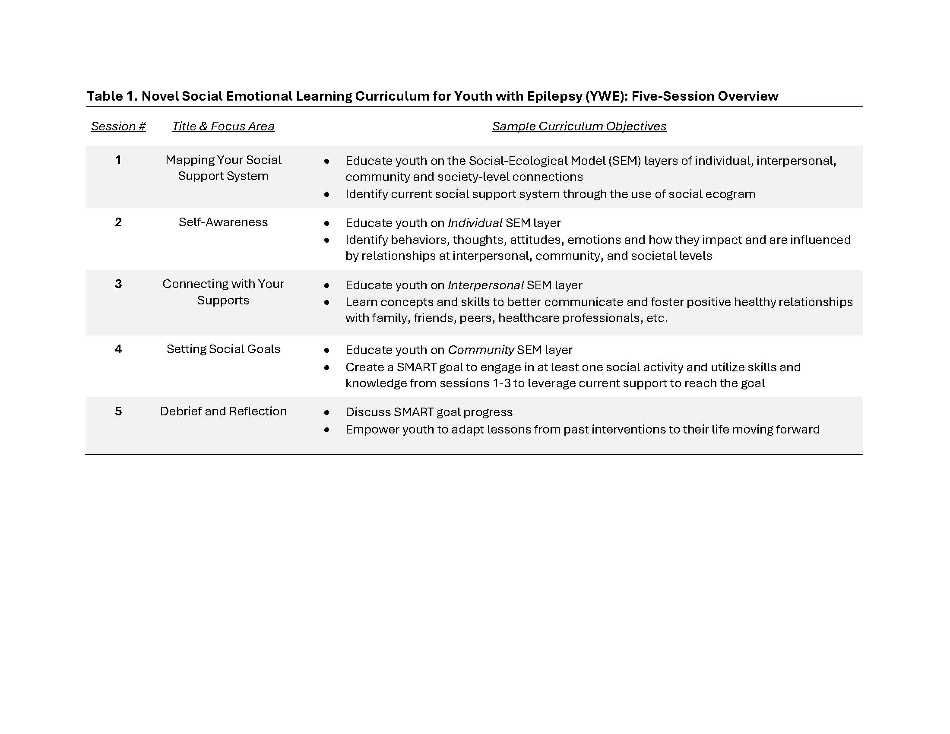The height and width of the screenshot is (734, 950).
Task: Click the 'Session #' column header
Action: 118,126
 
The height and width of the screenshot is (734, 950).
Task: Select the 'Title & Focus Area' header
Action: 223,126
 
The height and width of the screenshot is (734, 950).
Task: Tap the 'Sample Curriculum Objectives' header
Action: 579,126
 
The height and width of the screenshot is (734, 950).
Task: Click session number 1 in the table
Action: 118,160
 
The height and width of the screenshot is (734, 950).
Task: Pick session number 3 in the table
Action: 118,284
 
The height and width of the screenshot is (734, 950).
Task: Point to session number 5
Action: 118,411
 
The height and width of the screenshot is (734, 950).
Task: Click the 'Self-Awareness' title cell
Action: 223,222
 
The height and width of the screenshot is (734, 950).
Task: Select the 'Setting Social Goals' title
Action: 223,349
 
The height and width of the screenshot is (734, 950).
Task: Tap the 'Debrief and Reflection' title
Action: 223,411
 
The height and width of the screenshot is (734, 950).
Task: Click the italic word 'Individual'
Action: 475,223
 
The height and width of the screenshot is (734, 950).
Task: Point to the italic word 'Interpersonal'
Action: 485,285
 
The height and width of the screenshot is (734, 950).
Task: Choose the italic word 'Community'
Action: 481,350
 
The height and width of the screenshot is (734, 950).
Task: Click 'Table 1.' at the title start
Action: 112,96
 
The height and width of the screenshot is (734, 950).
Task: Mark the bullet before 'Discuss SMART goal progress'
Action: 327,413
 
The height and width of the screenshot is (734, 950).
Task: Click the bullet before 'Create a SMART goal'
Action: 327,368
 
